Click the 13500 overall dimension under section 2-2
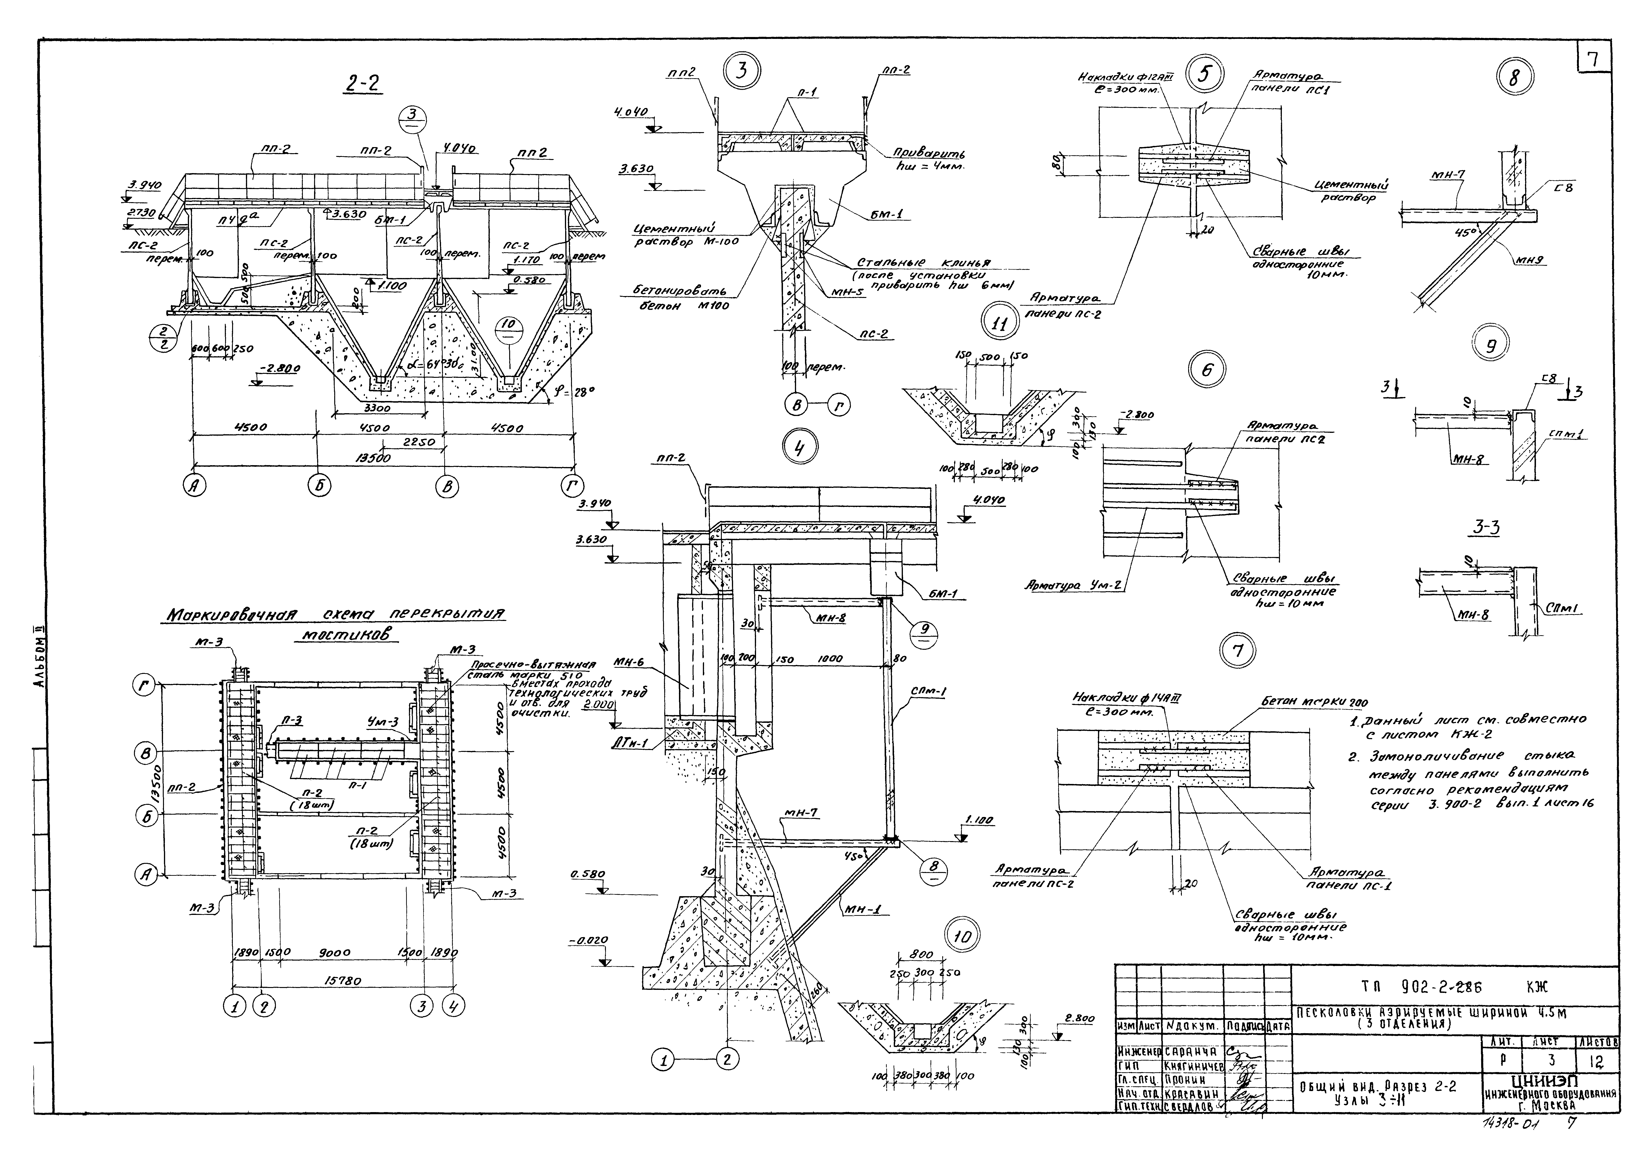point(373,458)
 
